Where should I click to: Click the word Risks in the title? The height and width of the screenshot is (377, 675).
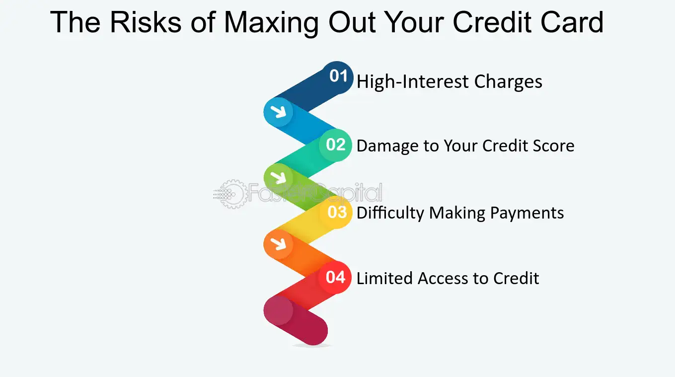click(x=146, y=22)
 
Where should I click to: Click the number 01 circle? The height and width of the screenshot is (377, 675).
click(x=338, y=77)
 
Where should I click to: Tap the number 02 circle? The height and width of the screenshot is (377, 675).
click(x=335, y=145)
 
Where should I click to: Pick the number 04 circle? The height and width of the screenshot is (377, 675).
click(x=335, y=277)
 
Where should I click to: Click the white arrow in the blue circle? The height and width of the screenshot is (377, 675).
click(x=278, y=112)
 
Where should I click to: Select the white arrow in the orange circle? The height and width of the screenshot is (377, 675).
click(x=278, y=243)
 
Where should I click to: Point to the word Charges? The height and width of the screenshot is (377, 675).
click(x=508, y=82)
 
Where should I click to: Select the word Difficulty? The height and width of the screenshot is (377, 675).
click(x=390, y=214)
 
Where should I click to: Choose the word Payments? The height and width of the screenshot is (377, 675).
click(x=527, y=214)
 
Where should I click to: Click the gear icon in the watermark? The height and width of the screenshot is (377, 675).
click(x=232, y=194)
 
